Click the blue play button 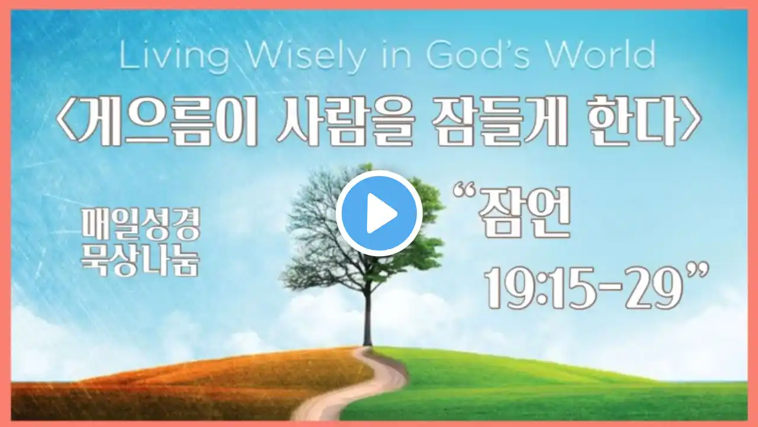[x=379, y=213]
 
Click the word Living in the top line [x=174, y=58]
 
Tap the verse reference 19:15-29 [x=583, y=288]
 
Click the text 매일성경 [x=141, y=224]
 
